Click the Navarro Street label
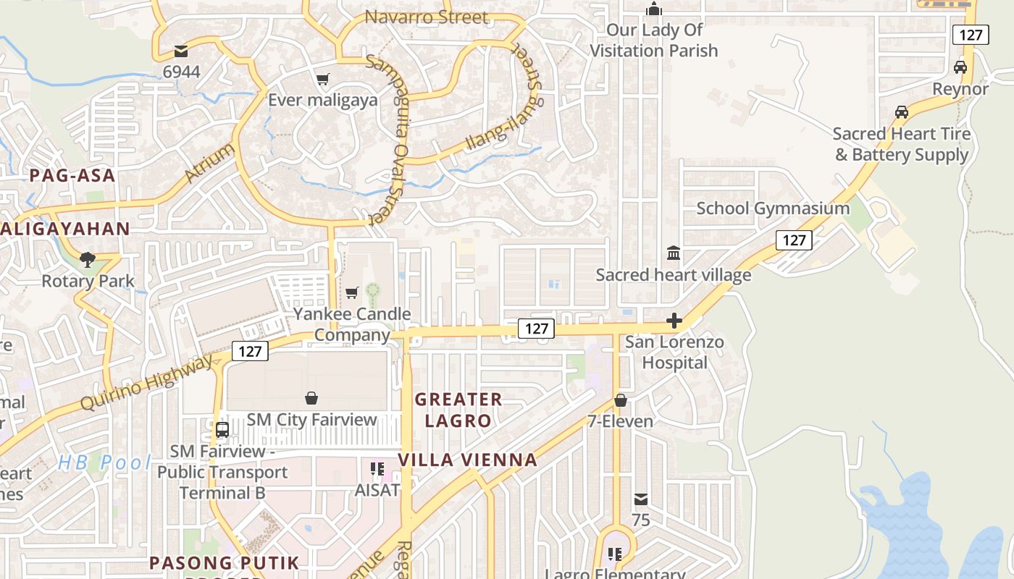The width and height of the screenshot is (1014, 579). tap(427, 17)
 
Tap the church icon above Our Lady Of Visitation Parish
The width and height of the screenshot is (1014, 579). tap(654, 9)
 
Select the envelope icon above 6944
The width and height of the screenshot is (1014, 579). tap(180, 51)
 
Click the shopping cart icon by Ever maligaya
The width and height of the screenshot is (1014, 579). tap(322, 79)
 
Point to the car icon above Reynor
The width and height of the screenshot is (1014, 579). tap(960, 67)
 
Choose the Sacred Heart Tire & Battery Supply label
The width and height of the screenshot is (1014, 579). tap(902, 144)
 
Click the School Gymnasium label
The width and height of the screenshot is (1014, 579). tap(773, 208)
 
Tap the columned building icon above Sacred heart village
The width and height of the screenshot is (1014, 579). tap(674, 253)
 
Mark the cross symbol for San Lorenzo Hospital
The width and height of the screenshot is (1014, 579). tap(674, 321)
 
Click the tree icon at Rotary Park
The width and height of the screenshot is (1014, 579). tap(88, 259)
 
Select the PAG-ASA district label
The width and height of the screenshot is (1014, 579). tap(72, 175)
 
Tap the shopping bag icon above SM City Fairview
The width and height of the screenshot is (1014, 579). tap(311, 398)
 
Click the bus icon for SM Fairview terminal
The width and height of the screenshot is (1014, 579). tap(222, 429)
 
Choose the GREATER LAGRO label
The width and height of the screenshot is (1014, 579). tap(458, 410)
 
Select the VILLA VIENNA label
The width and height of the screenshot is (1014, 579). tap(468, 460)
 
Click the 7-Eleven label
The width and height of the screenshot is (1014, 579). tap(620, 421)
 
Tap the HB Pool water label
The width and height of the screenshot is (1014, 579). tap(104, 462)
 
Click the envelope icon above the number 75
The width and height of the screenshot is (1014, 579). tap(641, 499)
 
